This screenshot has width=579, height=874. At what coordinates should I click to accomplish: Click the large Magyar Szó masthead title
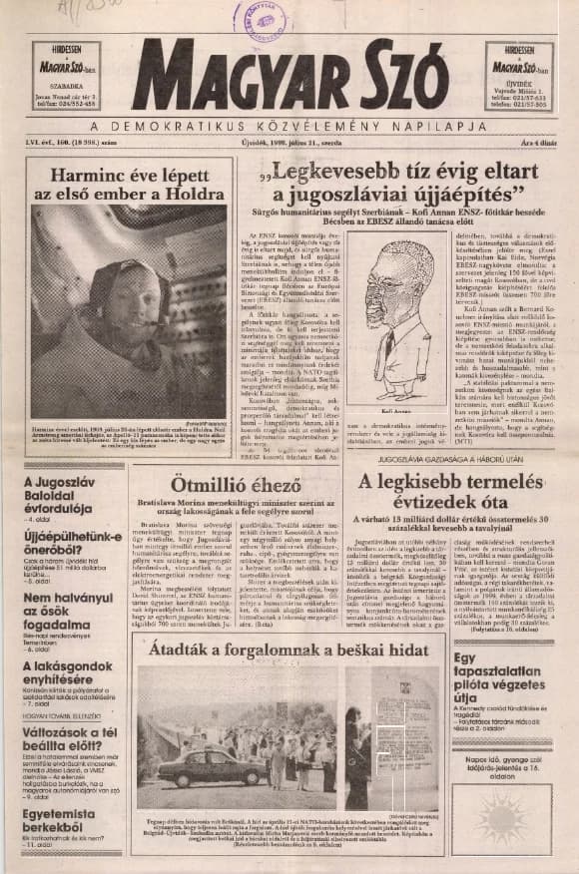[289, 76]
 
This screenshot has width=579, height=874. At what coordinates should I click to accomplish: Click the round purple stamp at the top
[261, 19]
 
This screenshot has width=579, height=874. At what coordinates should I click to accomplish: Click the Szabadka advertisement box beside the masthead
[66, 76]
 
